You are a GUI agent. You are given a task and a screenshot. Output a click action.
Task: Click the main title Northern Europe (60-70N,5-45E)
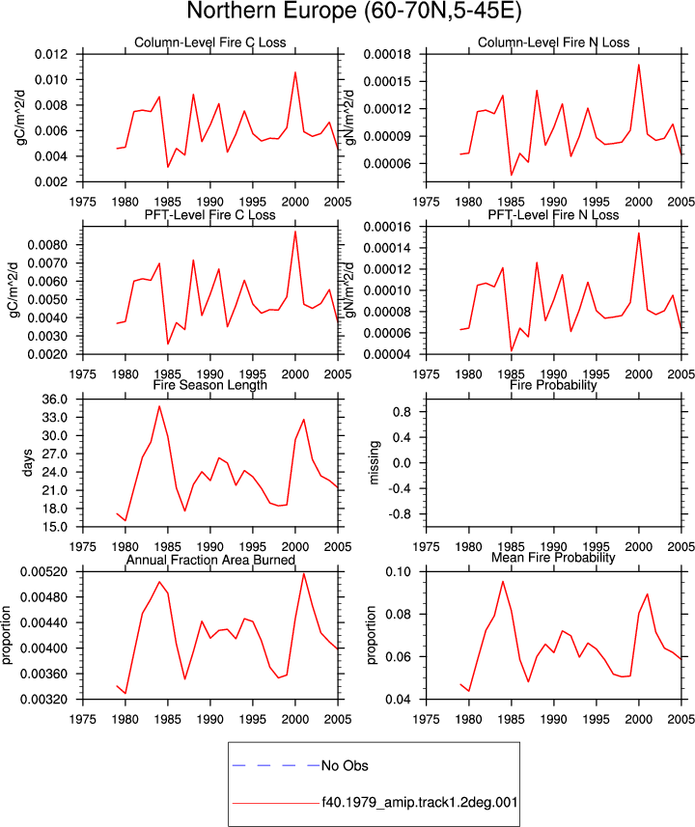[x=353, y=12]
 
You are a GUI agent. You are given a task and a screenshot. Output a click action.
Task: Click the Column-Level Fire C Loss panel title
[x=210, y=42]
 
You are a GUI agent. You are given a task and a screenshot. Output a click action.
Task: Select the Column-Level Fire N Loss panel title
[x=553, y=42]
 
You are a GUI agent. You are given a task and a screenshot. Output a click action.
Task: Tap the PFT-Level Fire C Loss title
[x=210, y=214]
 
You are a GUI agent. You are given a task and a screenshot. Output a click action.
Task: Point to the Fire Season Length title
[x=210, y=385]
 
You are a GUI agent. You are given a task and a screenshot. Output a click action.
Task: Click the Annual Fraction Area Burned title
[x=210, y=560]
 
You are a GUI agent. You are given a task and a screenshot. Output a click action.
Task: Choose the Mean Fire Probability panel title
[x=553, y=558]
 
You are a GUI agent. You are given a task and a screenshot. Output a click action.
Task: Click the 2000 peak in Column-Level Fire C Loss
[x=295, y=72]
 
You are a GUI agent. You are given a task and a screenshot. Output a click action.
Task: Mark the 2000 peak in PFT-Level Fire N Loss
[x=639, y=234]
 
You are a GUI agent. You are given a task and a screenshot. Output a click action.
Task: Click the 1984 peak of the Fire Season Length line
[x=159, y=406]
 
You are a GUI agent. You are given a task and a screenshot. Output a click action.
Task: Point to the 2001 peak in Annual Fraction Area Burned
[x=304, y=574]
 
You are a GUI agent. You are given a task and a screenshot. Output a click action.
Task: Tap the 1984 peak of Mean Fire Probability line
[x=503, y=581]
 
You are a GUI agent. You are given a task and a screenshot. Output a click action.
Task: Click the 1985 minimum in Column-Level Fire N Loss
[x=512, y=175]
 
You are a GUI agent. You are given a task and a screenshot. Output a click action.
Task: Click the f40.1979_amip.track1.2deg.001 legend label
[x=420, y=803]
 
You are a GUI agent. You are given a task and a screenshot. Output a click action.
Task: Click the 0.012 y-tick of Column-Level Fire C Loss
[x=51, y=54]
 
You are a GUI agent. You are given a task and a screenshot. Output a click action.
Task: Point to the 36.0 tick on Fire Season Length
[x=55, y=400]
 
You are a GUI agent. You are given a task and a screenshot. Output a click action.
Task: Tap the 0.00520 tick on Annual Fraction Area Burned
[x=43, y=571]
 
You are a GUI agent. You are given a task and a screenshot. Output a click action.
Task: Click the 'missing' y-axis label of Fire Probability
[x=374, y=462]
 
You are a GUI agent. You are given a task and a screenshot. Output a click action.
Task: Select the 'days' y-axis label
[x=27, y=462]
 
